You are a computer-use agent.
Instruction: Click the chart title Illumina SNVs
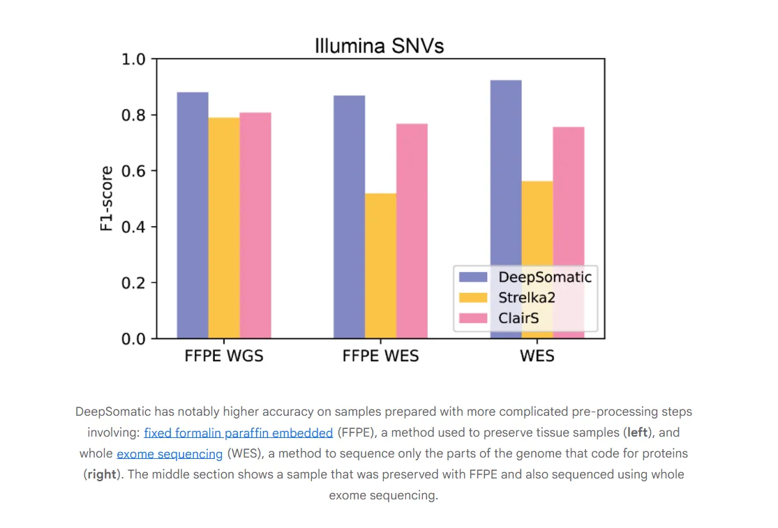(379, 46)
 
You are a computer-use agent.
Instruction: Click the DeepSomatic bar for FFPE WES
(349, 216)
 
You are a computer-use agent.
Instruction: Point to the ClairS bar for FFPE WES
(412, 230)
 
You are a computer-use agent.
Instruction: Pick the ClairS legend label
(518, 318)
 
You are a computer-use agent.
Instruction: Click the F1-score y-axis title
(107, 199)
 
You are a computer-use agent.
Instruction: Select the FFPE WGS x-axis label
(224, 356)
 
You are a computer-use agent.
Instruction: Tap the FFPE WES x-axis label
(380, 356)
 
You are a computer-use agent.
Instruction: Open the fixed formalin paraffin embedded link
(239, 432)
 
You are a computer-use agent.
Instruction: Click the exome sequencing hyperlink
(170, 454)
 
